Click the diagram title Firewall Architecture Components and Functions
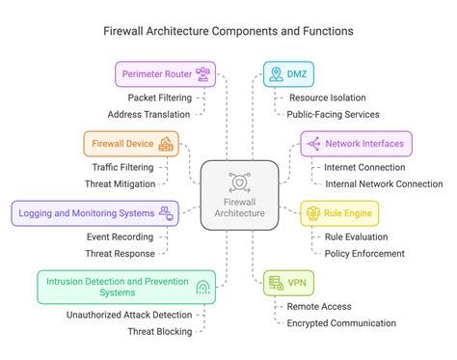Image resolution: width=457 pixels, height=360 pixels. pyautogui.click(x=228, y=31)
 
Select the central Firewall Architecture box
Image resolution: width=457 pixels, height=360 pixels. pyautogui.click(x=240, y=195)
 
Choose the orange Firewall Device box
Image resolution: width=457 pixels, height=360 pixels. pyautogui.click(x=130, y=144)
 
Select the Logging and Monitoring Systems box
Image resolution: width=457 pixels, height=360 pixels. pyautogui.click(x=94, y=212)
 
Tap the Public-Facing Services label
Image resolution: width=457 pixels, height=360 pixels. pyautogui.click(x=333, y=113)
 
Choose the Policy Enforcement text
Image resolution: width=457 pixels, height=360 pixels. pyautogui.click(x=364, y=253)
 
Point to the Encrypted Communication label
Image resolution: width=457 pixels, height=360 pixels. pyautogui.click(x=340, y=323)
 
